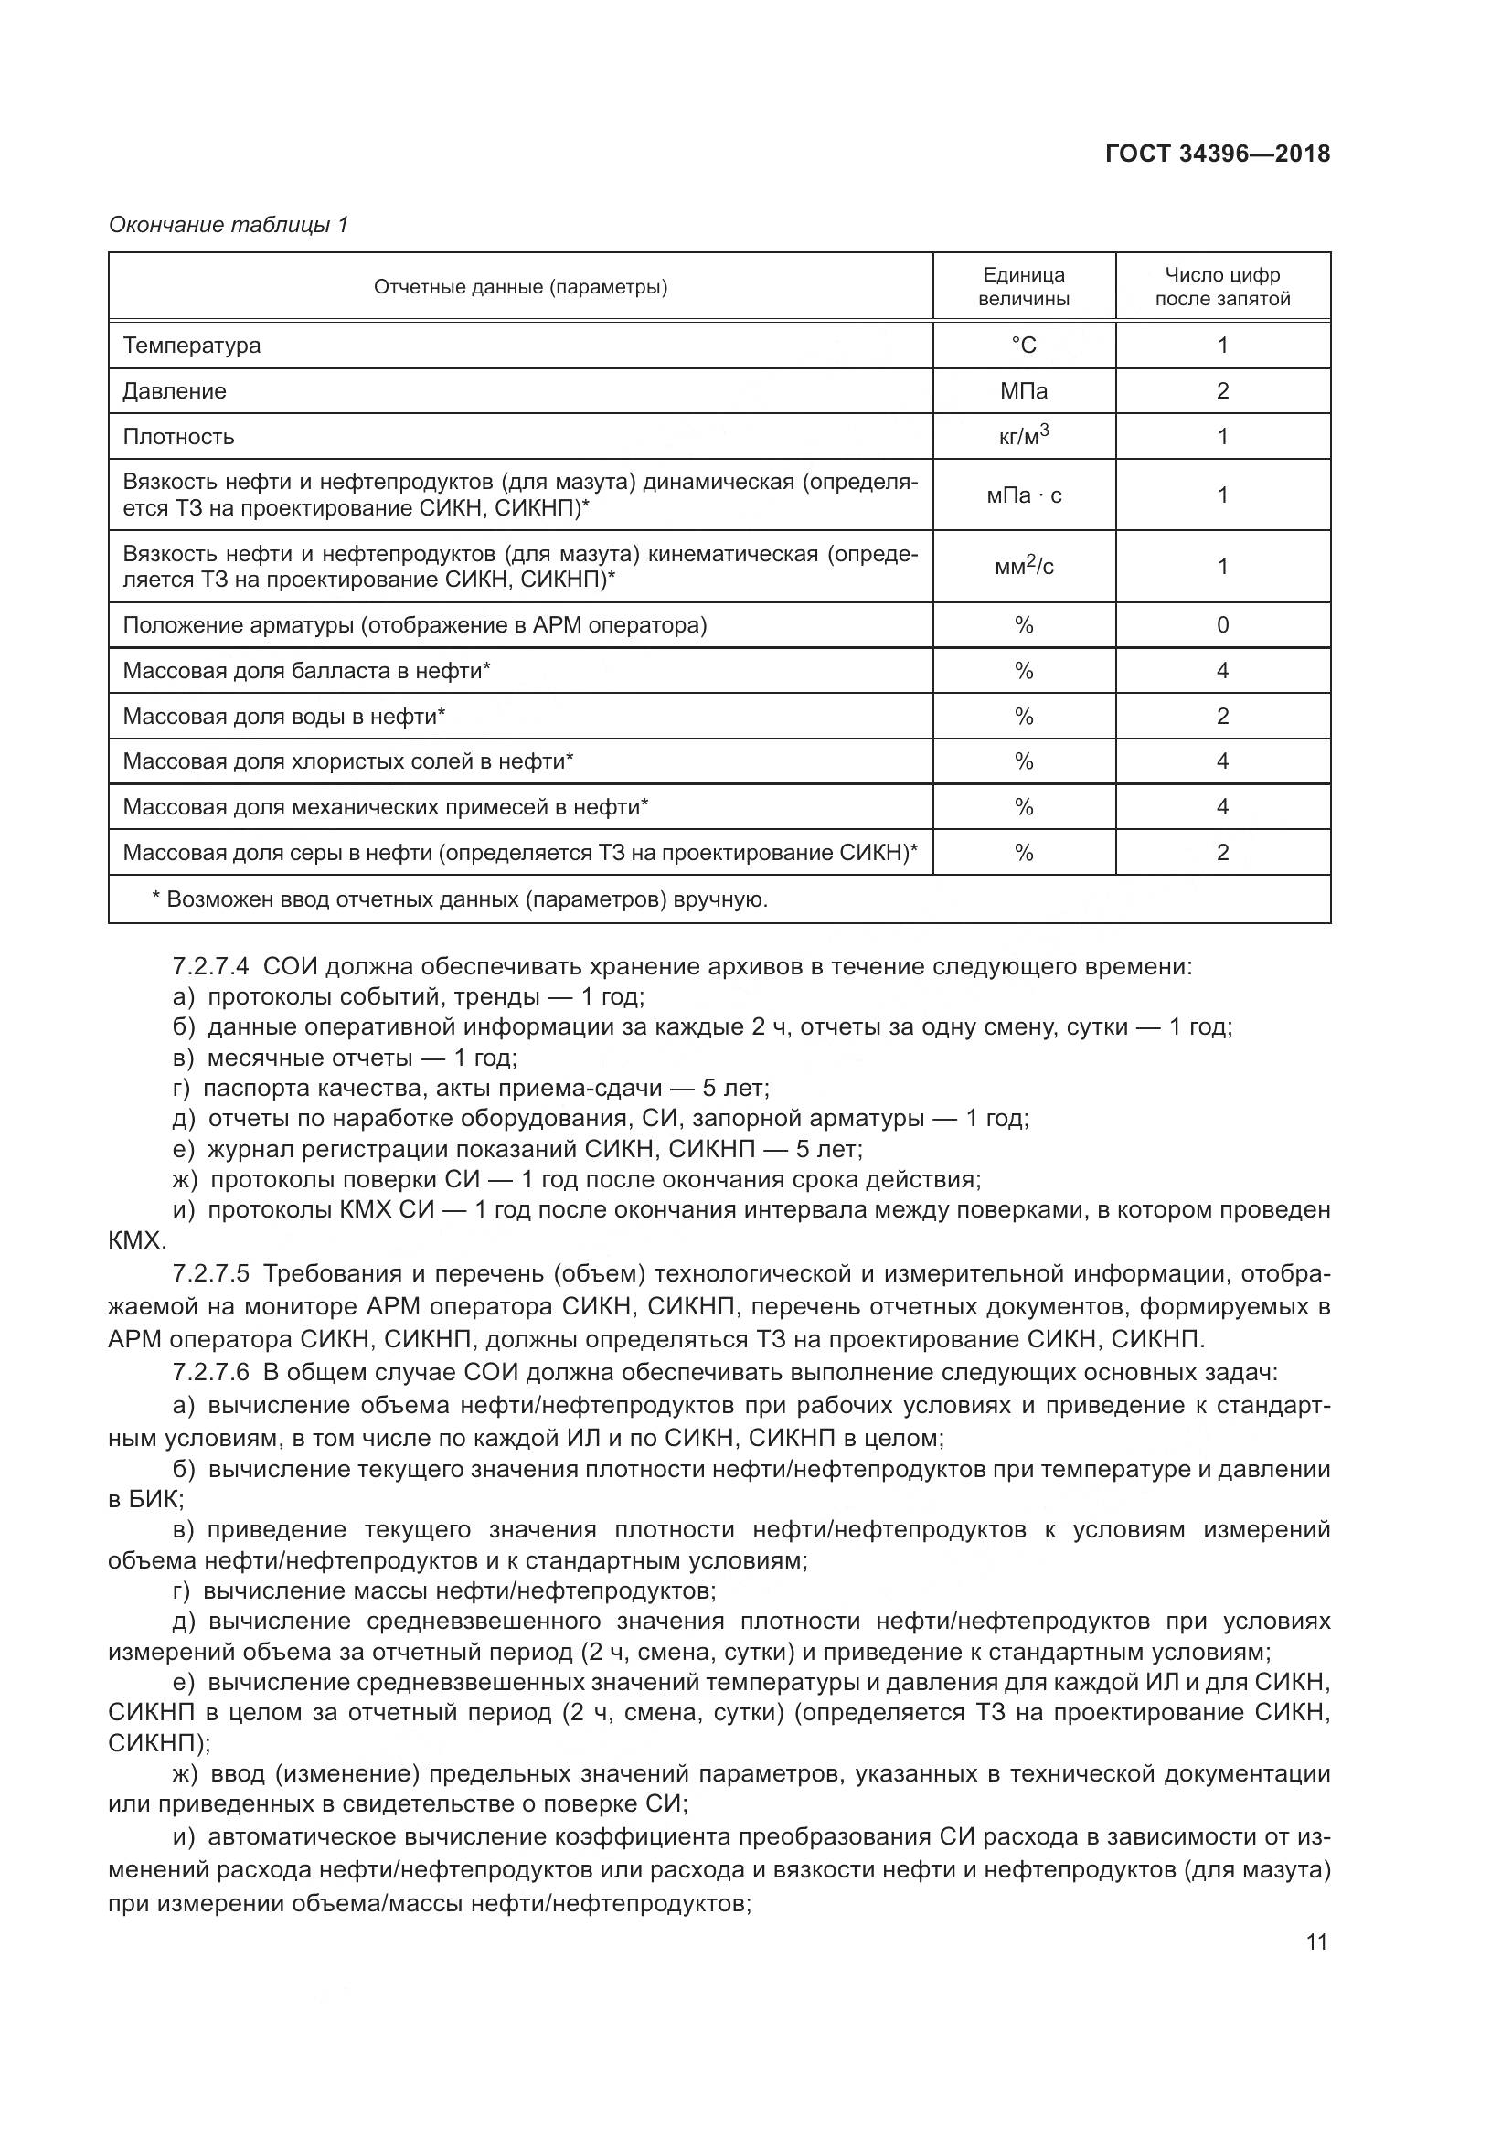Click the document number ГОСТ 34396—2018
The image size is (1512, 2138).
click(x=1217, y=154)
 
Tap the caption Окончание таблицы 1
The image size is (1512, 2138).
click(x=229, y=225)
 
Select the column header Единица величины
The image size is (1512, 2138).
click(x=1023, y=287)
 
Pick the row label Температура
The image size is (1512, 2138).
click(x=192, y=346)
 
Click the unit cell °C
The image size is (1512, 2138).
click(x=1023, y=346)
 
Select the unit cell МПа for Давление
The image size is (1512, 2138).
click(x=1023, y=391)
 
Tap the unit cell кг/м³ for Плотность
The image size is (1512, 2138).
click(x=1023, y=436)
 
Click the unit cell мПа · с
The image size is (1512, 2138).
click(x=1023, y=495)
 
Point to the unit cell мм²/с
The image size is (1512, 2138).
click(x=1023, y=566)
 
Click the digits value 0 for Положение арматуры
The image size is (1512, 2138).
click(x=1222, y=625)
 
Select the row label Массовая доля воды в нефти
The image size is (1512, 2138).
click(x=284, y=716)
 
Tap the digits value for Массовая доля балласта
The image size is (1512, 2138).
click(x=1222, y=670)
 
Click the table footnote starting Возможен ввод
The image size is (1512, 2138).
click(x=460, y=899)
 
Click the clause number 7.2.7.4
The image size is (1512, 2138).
click(x=211, y=966)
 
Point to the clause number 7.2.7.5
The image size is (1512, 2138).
click(x=211, y=1274)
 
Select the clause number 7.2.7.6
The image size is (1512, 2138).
click(x=211, y=1373)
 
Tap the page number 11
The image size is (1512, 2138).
click(x=1316, y=1942)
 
